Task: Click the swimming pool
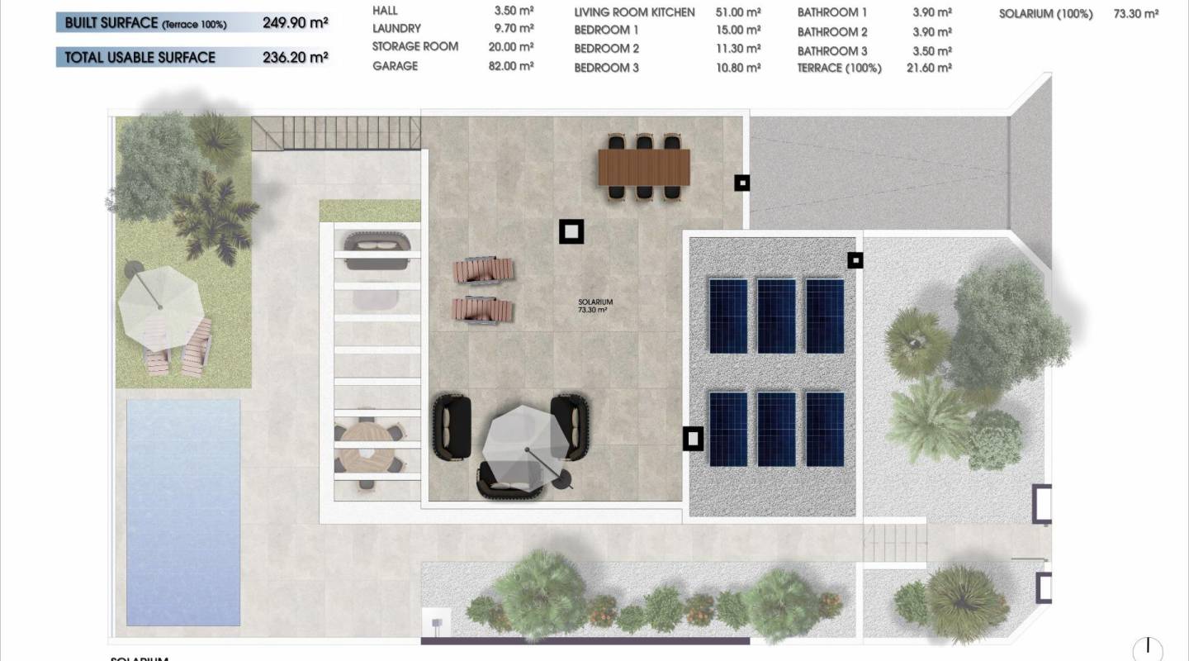click(183, 512)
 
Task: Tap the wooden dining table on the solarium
click(643, 167)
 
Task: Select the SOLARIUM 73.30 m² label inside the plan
click(594, 307)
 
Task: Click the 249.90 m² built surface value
click(295, 23)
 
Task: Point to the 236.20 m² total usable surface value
click(295, 57)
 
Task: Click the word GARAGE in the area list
click(395, 66)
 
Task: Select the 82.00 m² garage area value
click(510, 66)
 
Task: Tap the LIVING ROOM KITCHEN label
click(634, 12)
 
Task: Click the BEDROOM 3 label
click(606, 68)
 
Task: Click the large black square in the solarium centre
click(571, 231)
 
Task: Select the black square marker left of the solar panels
click(693, 439)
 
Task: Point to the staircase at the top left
click(334, 132)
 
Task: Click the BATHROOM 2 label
click(831, 32)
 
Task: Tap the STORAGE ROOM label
click(414, 46)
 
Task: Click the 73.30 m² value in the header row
click(1135, 14)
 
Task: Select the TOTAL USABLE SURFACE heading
click(140, 57)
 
